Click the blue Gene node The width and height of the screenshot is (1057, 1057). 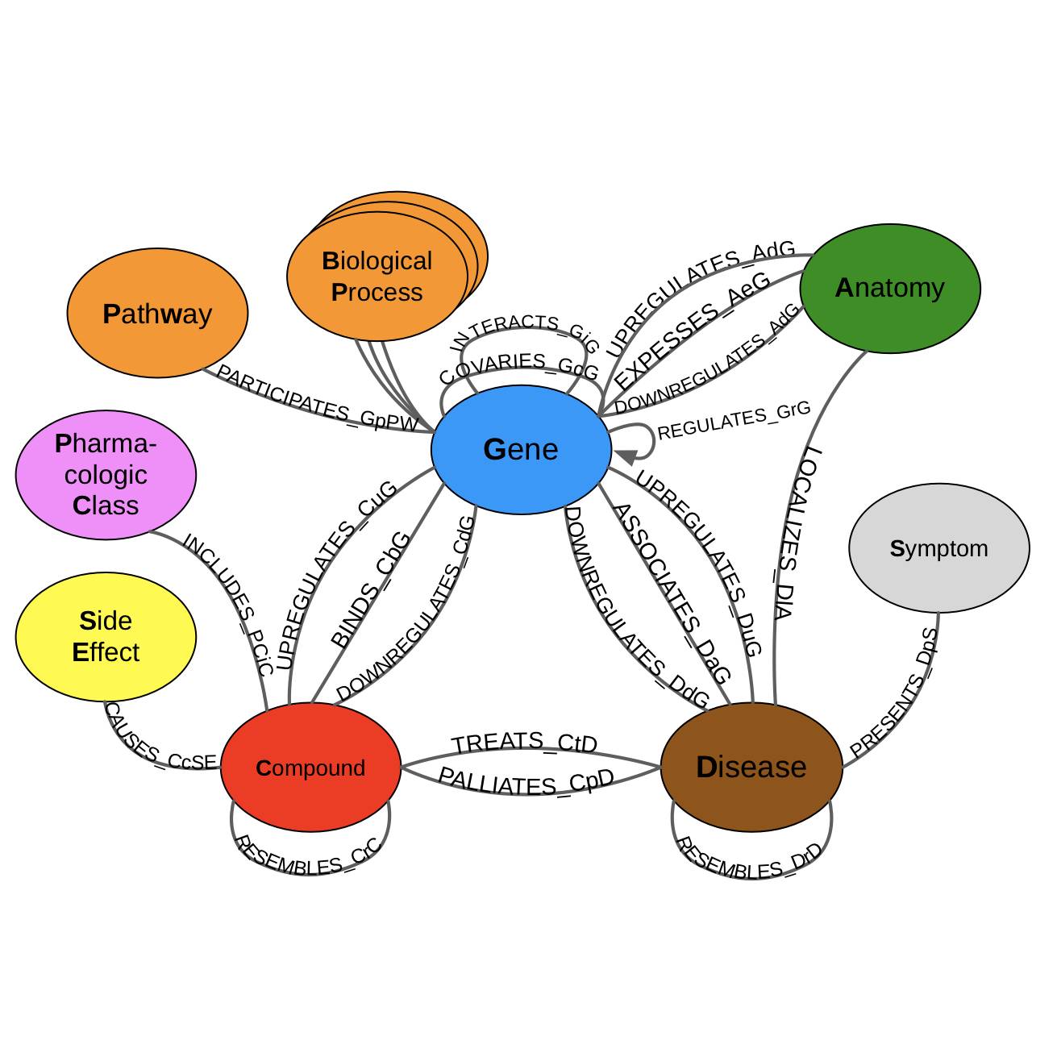[521, 450]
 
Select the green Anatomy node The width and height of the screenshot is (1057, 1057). [890, 289]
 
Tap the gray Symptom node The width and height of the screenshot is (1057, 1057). [938, 548]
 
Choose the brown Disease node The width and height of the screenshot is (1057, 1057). [751, 767]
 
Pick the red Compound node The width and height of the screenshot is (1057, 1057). [310, 768]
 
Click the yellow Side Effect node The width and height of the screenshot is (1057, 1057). [106, 637]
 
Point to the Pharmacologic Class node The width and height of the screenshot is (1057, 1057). [106, 475]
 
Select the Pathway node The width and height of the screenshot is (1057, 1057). [157, 314]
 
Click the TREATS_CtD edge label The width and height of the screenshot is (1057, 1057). [524, 743]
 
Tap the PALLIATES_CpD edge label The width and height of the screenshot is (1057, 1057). [526, 781]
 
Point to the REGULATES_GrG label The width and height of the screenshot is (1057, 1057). [734, 421]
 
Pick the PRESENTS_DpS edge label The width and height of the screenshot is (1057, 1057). [895, 693]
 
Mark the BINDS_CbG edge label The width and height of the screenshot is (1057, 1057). [371, 589]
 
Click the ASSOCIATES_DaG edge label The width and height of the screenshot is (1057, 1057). [671, 593]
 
